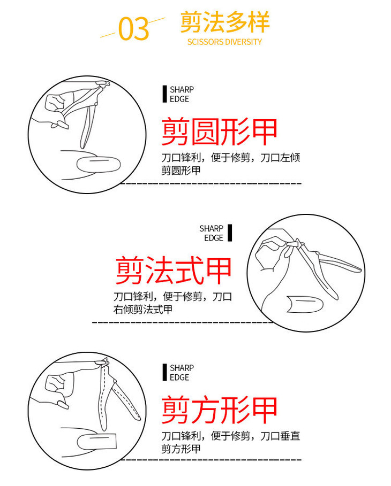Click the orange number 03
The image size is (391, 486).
pyautogui.click(x=133, y=28)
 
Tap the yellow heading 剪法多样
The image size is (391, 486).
pyautogui.click(x=225, y=22)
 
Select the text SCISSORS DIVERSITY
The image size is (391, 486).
pyautogui.click(x=224, y=42)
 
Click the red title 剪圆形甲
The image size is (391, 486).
pyautogui.click(x=219, y=131)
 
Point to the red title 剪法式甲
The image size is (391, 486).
pyautogui.click(x=174, y=270)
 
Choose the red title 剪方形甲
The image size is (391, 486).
pyautogui.click(x=219, y=410)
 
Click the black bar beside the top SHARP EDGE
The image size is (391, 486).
pyautogui.click(x=164, y=94)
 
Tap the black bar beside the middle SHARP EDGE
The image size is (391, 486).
pyautogui.click(x=230, y=233)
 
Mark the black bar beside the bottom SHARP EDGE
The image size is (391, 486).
pyautogui.click(x=164, y=372)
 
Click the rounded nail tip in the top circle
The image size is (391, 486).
pyautogui.click(x=99, y=165)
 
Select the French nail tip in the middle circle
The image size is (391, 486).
pyautogui.click(x=305, y=304)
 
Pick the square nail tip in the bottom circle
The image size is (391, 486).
pyautogui.click(x=96, y=442)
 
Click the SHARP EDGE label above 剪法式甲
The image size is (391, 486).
pyautogui.click(x=211, y=233)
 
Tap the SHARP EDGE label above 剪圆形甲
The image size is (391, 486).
pyautogui.click(x=182, y=94)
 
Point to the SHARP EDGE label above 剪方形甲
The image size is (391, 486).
pyautogui.click(x=182, y=372)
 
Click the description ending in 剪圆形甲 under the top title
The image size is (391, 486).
pyautogui.click(x=230, y=164)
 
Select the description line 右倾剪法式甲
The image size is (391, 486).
pyautogui.click(x=143, y=310)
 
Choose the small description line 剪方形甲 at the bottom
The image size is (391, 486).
pyautogui.click(x=181, y=449)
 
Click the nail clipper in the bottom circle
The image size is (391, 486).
pyautogui.click(x=116, y=395)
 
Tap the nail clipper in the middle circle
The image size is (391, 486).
pyautogui.click(x=323, y=267)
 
